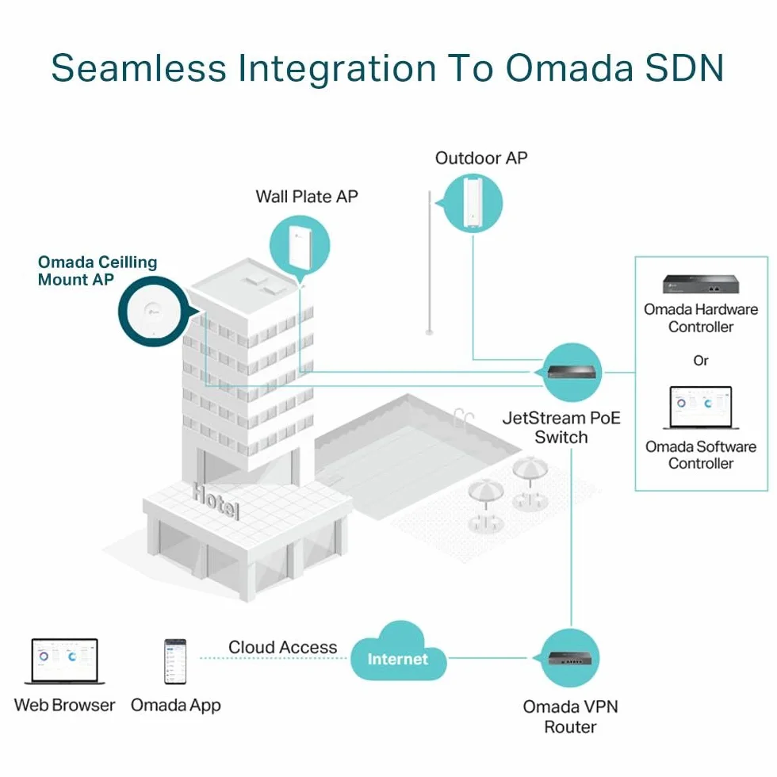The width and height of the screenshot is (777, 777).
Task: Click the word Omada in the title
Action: pyautogui.click(x=569, y=68)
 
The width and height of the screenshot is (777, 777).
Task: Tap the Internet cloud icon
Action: pyautogui.click(x=398, y=652)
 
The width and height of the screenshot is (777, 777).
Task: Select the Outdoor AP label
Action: pyautogui.click(x=481, y=158)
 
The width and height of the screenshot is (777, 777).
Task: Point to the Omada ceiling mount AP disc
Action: pyautogui.click(x=152, y=312)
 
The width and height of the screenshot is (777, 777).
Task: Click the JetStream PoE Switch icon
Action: pyautogui.click(x=572, y=372)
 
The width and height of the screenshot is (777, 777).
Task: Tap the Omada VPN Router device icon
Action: pyautogui.click(x=569, y=658)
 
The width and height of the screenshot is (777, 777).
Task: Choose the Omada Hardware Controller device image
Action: pyautogui.click(x=701, y=284)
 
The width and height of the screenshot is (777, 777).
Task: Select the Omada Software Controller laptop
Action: pyautogui.click(x=701, y=408)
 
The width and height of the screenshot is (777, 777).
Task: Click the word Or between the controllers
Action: pyautogui.click(x=701, y=360)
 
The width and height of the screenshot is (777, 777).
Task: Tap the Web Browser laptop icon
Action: pyautogui.click(x=64, y=661)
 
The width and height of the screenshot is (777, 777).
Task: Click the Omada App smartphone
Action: pyautogui.click(x=175, y=661)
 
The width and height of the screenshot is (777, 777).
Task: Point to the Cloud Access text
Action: pyautogui.click(x=282, y=647)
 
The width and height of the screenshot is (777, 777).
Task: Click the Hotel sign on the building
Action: pyautogui.click(x=216, y=500)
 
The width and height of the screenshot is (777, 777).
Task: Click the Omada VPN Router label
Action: pyautogui.click(x=570, y=717)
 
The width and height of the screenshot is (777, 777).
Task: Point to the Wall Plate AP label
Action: pyautogui.click(x=307, y=197)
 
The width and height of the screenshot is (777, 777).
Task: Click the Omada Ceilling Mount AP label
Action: pyautogui.click(x=98, y=270)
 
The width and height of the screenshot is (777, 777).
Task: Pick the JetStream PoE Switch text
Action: pyautogui.click(x=561, y=427)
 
